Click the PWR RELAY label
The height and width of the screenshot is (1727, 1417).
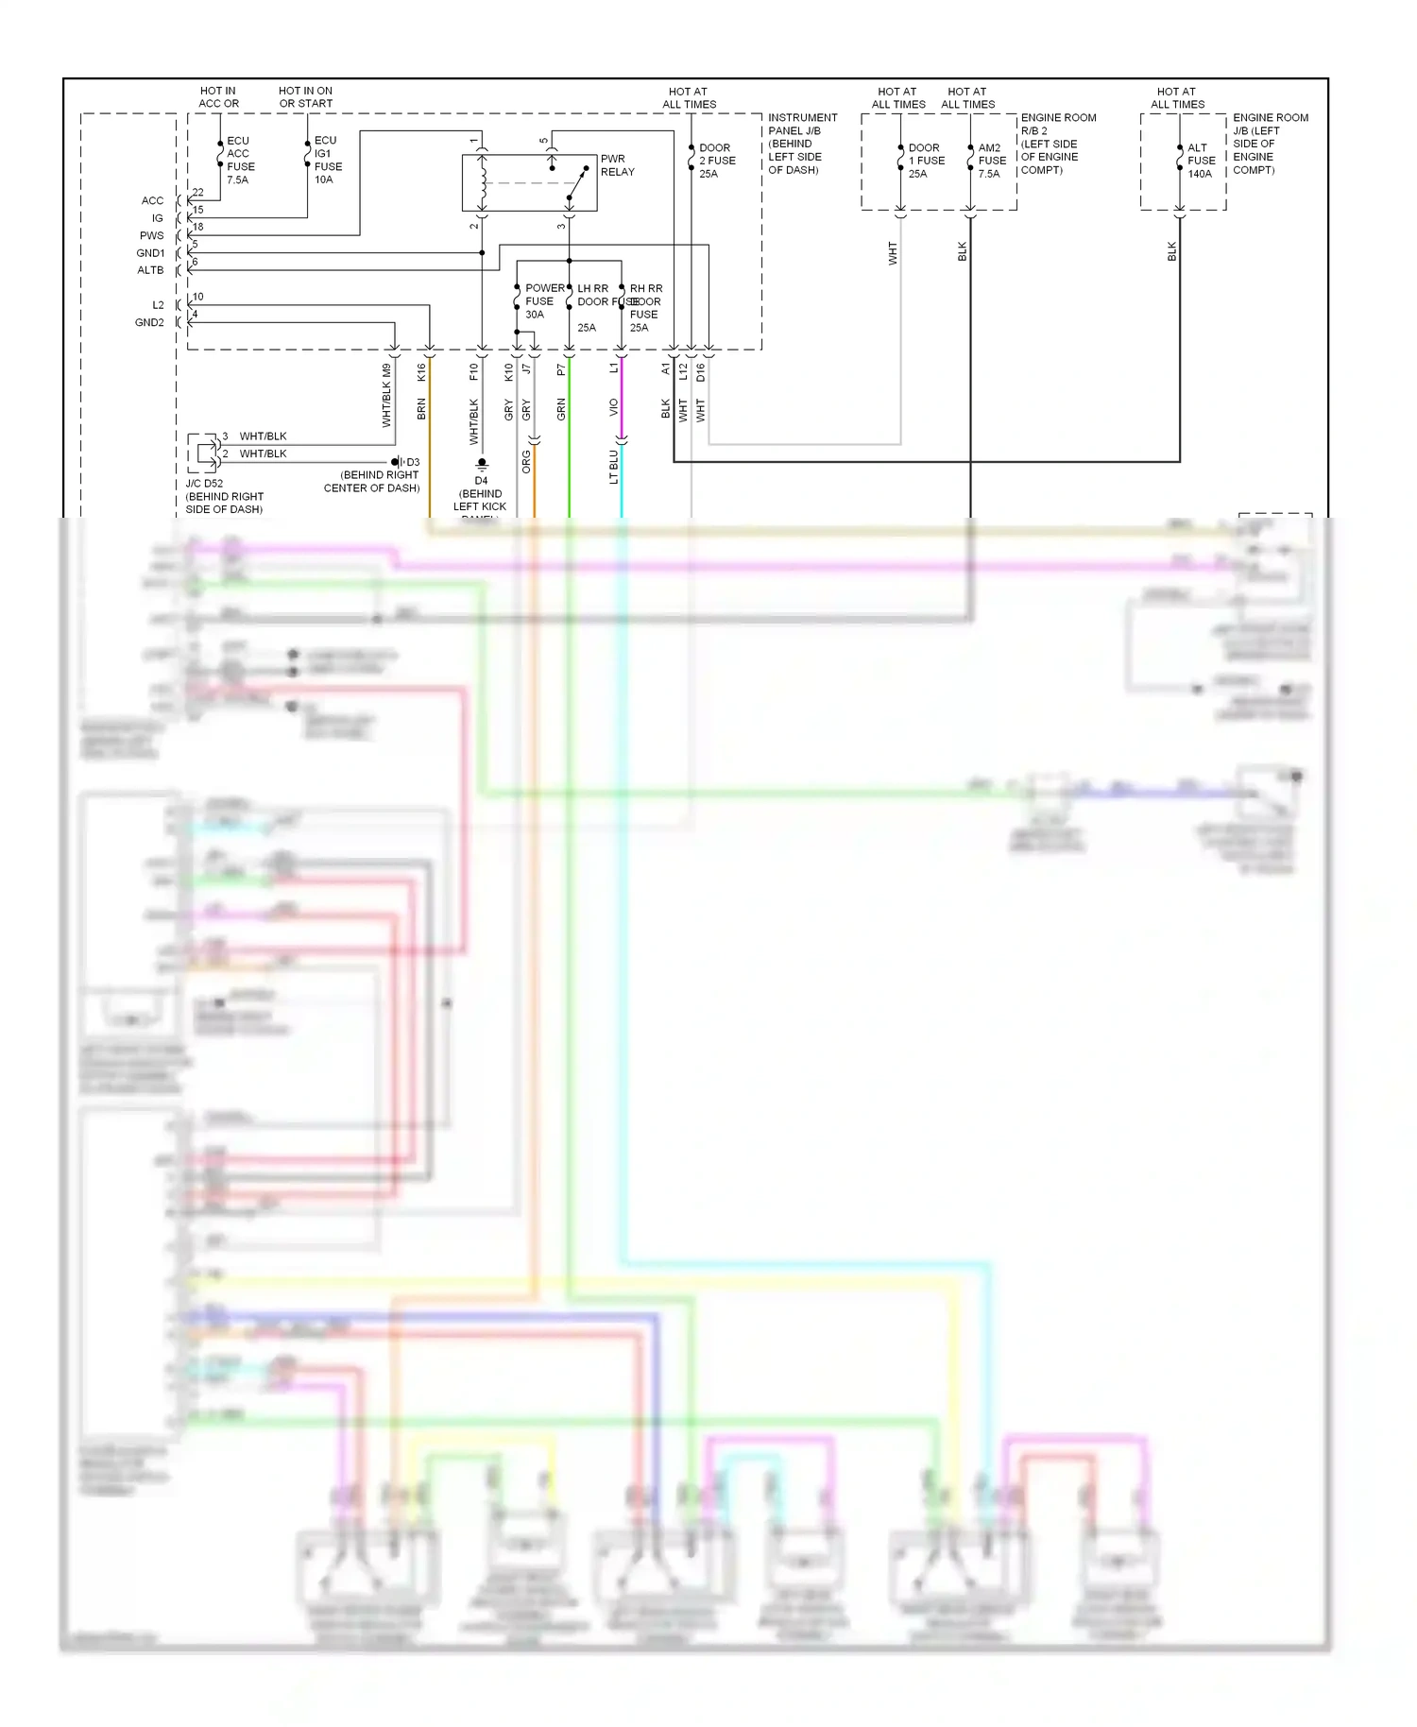[x=617, y=165]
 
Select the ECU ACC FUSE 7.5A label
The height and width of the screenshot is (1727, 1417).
[x=240, y=160]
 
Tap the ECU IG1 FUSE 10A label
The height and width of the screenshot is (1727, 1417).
[x=328, y=160]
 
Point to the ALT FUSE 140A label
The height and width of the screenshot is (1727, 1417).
[x=1201, y=161]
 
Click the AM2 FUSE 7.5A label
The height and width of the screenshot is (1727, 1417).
[x=991, y=161]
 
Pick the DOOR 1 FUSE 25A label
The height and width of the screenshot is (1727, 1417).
[x=925, y=161]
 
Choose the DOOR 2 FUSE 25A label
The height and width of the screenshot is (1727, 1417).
[x=716, y=161]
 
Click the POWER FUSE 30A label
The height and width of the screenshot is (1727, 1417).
[x=543, y=300]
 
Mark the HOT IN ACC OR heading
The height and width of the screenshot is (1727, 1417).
[x=218, y=97]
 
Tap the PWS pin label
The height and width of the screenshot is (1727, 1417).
[x=151, y=235]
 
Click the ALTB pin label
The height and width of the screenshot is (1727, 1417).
[x=150, y=270]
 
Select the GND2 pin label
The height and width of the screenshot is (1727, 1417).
[x=149, y=322]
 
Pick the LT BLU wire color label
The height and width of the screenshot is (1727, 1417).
[x=613, y=467]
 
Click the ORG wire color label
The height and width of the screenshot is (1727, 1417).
[x=526, y=462]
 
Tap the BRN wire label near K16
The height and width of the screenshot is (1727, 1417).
[x=421, y=409]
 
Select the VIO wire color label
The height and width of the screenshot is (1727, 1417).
[x=613, y=407]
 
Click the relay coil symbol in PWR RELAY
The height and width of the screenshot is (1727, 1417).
[x=483, y=182]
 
